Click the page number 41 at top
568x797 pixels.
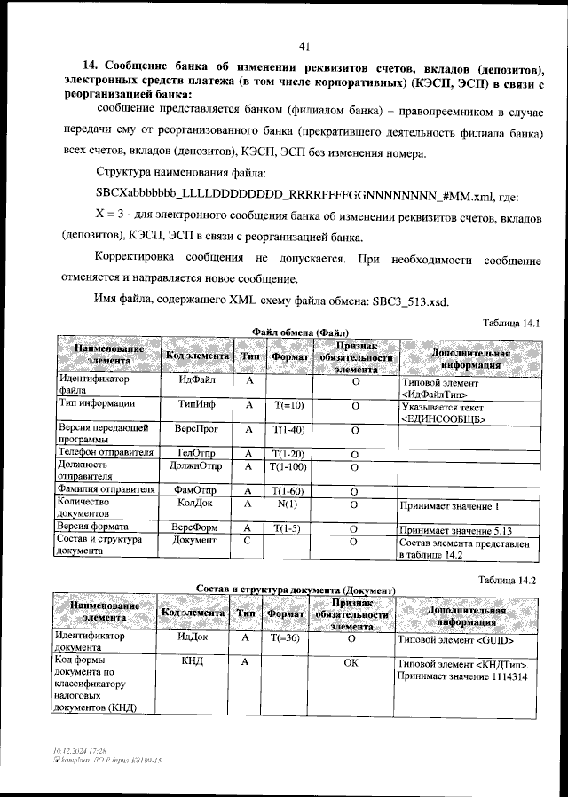(x=304, y=46)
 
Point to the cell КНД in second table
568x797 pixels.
(x=193, y=661)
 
